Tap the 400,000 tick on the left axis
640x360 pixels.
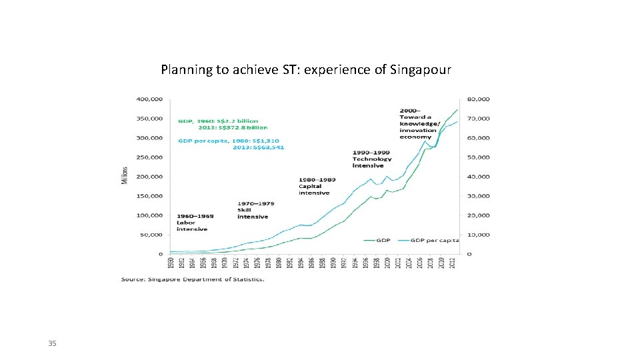coord(149,99)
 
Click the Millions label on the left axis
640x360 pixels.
coord(125,176)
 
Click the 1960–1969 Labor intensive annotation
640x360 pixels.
coord(192,223)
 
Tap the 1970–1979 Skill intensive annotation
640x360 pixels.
coord(253,210)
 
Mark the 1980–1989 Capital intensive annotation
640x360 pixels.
coord(317,186)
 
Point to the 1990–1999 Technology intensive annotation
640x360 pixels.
coord(373,159)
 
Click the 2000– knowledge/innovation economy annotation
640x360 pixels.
coord(420,123)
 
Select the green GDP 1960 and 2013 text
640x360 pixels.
coord(223,124)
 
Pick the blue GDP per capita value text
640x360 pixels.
coord(231,143)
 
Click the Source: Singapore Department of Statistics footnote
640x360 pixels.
coord(193,279)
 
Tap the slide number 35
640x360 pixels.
coord(52,343)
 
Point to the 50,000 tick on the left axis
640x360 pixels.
coord(151,235)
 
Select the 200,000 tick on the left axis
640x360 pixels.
coord(149,177)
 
